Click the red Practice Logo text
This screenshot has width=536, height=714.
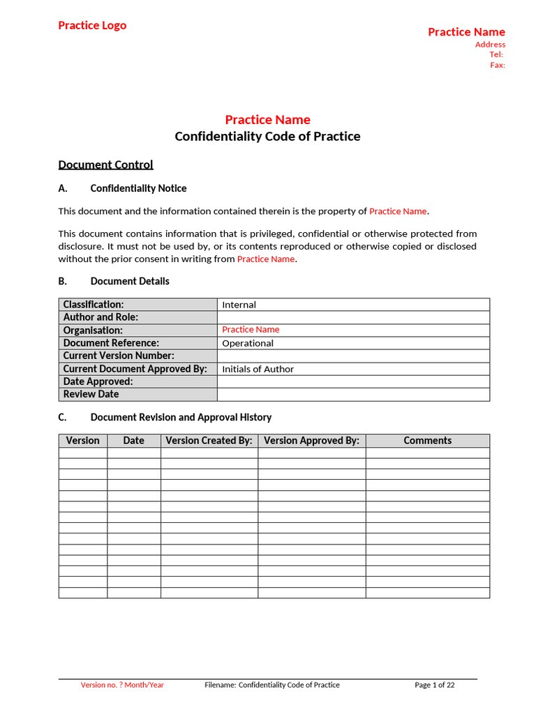pos(92,26)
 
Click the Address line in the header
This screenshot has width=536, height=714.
pos(490,45)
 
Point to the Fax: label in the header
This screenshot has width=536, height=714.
pos(497,65)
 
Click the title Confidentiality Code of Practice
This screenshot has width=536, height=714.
pos(267,136)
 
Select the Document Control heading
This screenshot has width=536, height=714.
pos(105,165)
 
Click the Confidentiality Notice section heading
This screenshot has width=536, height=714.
pos(138,188)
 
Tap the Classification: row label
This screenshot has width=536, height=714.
pos(94,304)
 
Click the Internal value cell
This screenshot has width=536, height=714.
pos(239,305)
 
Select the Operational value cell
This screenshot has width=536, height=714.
pos(248,343)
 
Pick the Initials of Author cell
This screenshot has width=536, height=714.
pos(258,369)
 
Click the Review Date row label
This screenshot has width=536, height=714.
pos(91,394)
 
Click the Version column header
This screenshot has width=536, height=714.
pos(82,441)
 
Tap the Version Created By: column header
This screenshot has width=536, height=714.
pos(209,441)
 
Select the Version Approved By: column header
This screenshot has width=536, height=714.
pos(311,441)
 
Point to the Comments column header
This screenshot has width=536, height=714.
pos(427,441)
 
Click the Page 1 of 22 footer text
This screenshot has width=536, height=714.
pos(434,685)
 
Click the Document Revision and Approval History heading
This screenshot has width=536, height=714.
pos(181,417)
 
